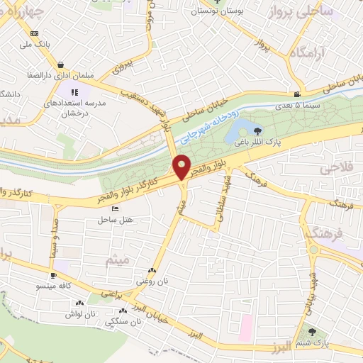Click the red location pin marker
[182, 167]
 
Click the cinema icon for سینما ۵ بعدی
[296, 95]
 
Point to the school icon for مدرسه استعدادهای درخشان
[74, 91]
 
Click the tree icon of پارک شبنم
[311, 332]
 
